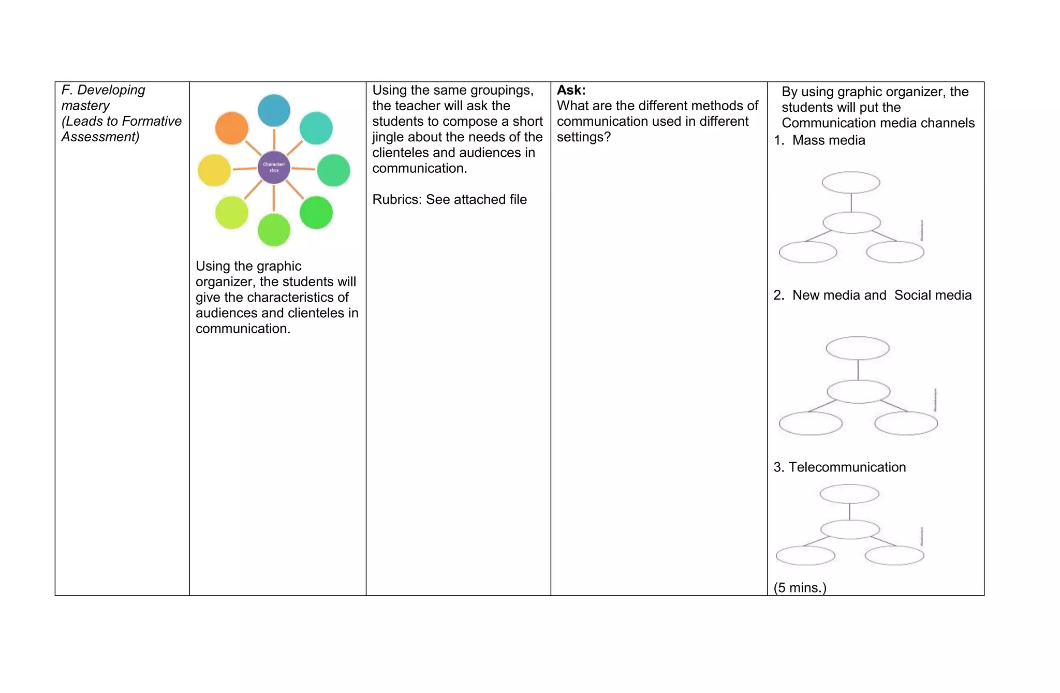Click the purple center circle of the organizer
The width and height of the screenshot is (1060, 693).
coord(274,167)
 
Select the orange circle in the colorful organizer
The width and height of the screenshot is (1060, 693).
coord(231,128)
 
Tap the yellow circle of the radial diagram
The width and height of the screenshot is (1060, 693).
coord(214,170)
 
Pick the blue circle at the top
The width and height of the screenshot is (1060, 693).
coord(274,110)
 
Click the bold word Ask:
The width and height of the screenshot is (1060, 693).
coord(571,90)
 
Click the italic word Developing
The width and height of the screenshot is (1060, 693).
coord(111,90)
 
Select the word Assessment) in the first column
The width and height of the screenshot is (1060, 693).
coord(100,137)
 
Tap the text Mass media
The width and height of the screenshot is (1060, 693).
coord(829,140)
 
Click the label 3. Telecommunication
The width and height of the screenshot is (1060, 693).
coord(840,467)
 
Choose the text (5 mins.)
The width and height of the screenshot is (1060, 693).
coord(800,588)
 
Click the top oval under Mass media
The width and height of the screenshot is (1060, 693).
coord(851,183)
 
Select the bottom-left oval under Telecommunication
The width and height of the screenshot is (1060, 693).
coord(805,556)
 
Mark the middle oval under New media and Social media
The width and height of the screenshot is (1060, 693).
coord(858,391)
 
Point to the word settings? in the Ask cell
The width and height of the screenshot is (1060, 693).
coord(583,137)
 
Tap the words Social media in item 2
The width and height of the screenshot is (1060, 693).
coord(933,295)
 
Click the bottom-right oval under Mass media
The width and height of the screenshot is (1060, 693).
coord(895,253)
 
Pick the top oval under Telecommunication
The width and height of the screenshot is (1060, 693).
coord(849,494)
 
